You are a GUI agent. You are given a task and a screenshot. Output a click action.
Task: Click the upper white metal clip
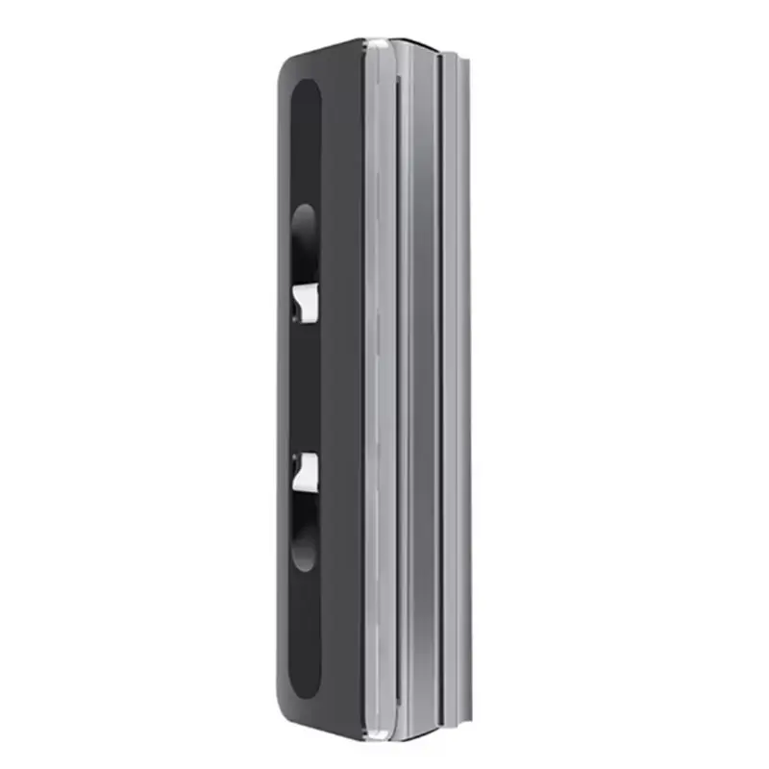[305, 302]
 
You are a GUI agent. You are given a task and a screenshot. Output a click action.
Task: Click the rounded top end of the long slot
[305, 91]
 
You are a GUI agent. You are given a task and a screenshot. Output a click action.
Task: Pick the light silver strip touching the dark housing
[378, 384]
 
